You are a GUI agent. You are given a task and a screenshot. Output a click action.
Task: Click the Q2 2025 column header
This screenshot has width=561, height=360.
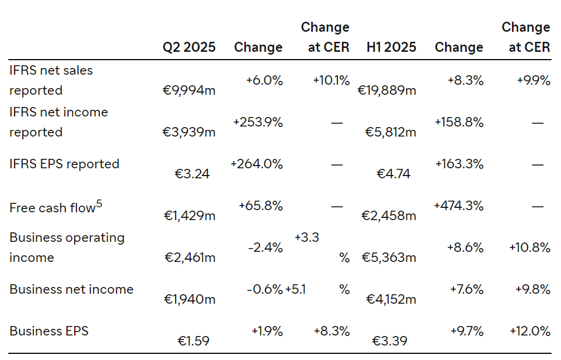pos(189,47)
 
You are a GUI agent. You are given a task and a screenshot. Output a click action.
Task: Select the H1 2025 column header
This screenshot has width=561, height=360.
pos(391,47)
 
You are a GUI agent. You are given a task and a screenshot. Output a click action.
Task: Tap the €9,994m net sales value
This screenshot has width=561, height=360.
pos(189,90)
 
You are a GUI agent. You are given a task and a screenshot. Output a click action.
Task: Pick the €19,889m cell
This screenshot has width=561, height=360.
pos(387,90)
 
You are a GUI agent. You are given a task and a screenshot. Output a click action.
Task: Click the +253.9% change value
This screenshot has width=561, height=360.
pos(258,122)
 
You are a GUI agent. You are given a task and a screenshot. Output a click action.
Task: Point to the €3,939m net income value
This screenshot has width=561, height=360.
pos(189,132)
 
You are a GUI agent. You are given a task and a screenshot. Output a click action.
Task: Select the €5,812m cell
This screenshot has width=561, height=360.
pos(391,132)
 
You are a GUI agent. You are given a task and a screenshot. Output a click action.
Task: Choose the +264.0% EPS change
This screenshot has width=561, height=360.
pos(257,164)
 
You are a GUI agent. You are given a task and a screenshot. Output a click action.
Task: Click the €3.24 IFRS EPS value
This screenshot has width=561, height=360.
pos(192,174)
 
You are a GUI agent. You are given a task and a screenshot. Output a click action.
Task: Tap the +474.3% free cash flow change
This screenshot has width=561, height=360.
pos(459,206)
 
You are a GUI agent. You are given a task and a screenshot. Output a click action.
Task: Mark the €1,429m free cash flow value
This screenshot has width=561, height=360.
pos(190,216)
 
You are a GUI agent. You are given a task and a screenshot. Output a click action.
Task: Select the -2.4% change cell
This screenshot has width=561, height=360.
pos(265,247)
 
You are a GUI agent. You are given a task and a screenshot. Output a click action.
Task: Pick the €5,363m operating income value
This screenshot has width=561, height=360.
pos(389,257)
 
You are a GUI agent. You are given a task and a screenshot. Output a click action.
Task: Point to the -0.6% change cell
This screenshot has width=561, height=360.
pos(265,289)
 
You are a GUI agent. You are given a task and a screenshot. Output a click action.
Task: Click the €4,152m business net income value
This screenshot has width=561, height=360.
pos(391,299)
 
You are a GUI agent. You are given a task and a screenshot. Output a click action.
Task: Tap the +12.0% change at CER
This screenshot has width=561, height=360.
pos(530,330)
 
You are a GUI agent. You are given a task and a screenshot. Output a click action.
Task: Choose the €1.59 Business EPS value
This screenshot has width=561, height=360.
pos(194,340)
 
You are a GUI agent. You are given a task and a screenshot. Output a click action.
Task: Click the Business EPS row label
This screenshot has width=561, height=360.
pos(49,330)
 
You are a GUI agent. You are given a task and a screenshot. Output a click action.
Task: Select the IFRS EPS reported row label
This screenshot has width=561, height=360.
pos(64,164)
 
